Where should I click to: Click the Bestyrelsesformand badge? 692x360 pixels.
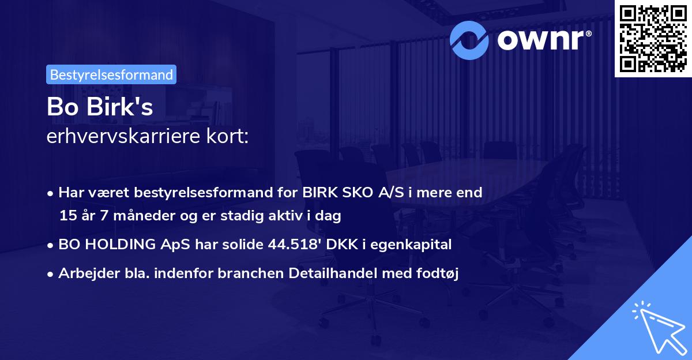[x=111, y=74]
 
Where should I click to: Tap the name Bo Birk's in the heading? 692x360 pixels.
[x=100, y=107]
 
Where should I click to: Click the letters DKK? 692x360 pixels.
[x=340, y=245]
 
